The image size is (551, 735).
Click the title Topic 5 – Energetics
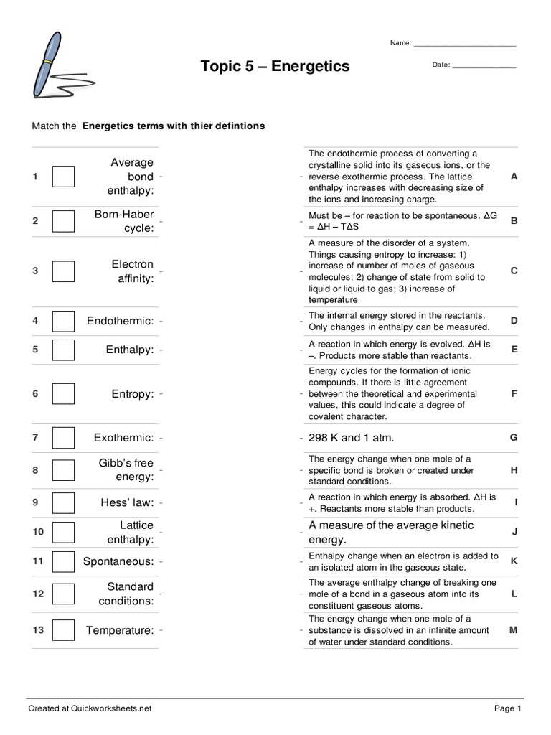tap(275, 66)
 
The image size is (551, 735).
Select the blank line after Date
tap(484, 66)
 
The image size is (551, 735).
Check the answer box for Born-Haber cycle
tap(63, 221)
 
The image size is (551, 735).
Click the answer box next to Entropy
tap(63, 394)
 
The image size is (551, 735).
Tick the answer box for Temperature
tap(63, 630)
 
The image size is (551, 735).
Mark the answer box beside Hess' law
tap(63, 503)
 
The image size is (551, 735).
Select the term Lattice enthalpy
tap(131, 532)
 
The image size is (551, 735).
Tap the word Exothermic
tap(123, 438)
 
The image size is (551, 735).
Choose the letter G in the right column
tap(514, 437)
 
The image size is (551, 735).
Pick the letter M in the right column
tap(514, 630)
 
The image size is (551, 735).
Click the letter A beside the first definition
tap(514, 177)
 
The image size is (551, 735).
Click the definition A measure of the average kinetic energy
tap(391, 532)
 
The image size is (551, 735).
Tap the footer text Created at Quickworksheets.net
tap(90, 708)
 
